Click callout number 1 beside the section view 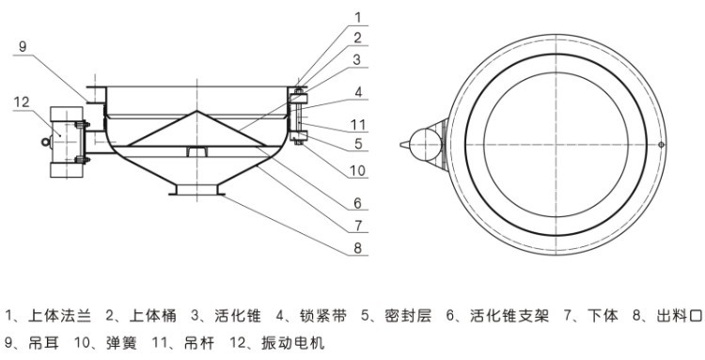click(356, 16)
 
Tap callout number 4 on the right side click(357, 92)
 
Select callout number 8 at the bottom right click(357, 249)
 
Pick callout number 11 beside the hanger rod click(358, 123)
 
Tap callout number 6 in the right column click(357, 202)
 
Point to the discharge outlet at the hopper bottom click(198, 192)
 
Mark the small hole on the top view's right click(662, 144)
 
